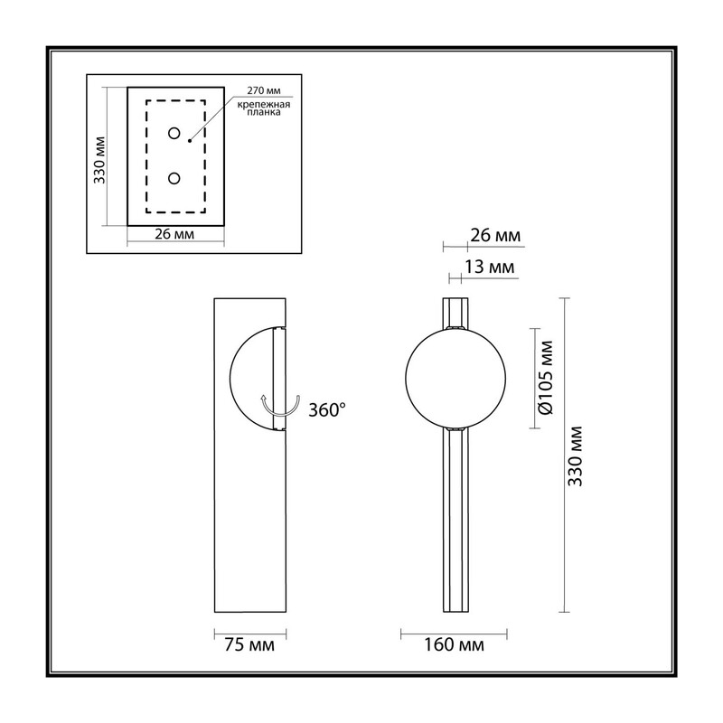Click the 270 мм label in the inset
[x=263, y=90]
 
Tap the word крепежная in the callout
[x=263, y=104]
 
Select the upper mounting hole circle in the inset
[x=174, y=133]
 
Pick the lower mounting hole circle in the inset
[x=174, y=178]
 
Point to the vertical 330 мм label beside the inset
[x=99, y=160]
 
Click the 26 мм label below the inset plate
[x=174, y=234]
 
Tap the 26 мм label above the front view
[x=495, y=236]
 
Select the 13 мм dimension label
[x=489, y=267]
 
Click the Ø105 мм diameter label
[x=546, y=378]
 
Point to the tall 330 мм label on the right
[x=576, y=456]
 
